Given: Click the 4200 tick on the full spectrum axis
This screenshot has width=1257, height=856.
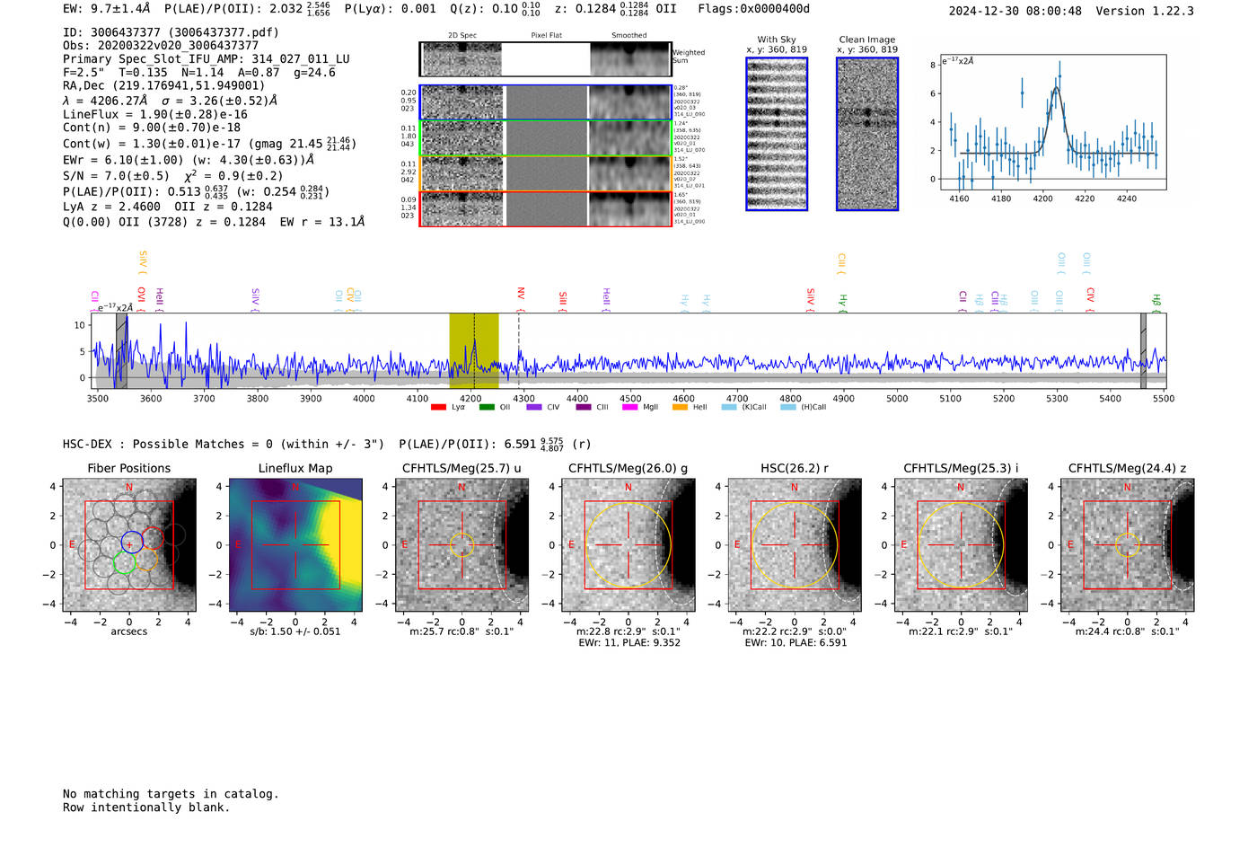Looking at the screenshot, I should pos(470,398).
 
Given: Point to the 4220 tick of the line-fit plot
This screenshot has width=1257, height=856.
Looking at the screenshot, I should pos(1085,199).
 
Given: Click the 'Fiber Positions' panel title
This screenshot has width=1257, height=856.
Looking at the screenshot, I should pos(128,468).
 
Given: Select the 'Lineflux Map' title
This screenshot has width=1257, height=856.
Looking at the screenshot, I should pos(295,468).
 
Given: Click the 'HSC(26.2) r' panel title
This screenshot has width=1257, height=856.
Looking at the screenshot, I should pos(794,468).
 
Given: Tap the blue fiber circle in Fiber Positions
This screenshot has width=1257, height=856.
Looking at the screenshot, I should pos(131,542).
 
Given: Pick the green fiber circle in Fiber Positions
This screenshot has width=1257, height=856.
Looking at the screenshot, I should pos(124,563).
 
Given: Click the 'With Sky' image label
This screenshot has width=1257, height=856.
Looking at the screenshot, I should pos(777,40).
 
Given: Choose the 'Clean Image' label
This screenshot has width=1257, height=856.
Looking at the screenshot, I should pos(867,40).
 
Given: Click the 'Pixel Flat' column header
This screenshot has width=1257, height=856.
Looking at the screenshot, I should pos(546,35).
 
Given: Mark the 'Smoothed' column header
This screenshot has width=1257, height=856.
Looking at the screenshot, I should pos(628,35).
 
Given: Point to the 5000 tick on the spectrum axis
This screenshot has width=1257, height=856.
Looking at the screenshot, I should pos(897,398).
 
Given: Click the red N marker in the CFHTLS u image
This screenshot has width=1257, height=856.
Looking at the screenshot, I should pos(461,488).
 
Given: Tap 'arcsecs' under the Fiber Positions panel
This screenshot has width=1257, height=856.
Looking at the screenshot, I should pos(128,631).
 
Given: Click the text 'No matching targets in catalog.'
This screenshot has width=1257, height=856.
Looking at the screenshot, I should pos(171,793).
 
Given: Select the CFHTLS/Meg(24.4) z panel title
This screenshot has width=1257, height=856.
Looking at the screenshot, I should pos(1127,468).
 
